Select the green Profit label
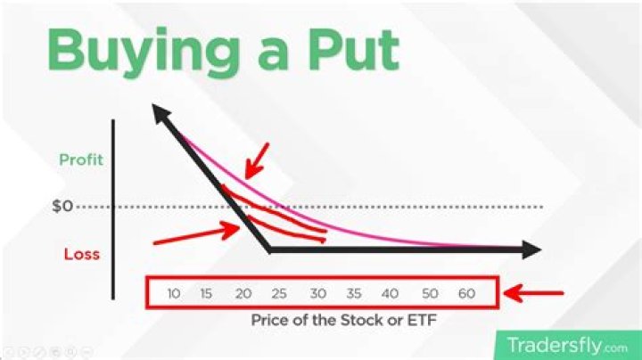82,160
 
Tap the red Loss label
81,253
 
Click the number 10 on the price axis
174,293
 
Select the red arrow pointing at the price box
535,291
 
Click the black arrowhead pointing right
530,250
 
